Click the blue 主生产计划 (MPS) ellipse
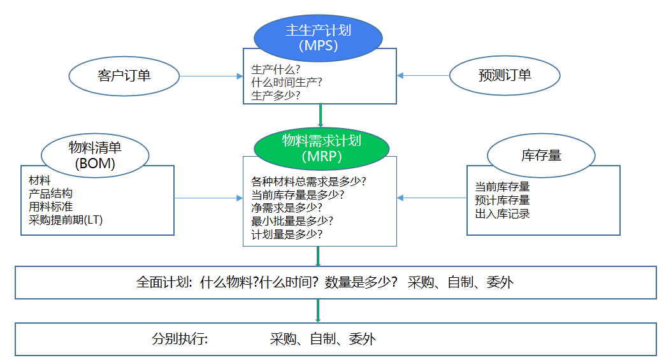pyautogui.click(x=319, y=37)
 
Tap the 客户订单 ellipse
pyautogui.click(x=124, y=76)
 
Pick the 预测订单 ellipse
pyautogui.click(x=505, y=75)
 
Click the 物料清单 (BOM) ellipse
pyautogui.click(x=95, y=155)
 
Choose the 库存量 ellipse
pyautogui.click(x=541, y=155)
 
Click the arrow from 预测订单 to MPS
pyautogui.click(x=423, y=75)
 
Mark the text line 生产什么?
pyautogui.click(x=276, y=69)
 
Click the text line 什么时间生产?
pyautogui.click(x=287, y=82)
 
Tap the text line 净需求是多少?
pyautogui.click(x=287, y=208)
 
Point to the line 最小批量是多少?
pyautogui.click(x=292, y=221)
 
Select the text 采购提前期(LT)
pyautogui.click(x=66, y=220)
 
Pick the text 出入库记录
pyautogui.click(x=502, y=213)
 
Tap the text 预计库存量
pyautogui.click(x=502, y=200)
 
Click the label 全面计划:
pyautogui.click(x=164, y=283)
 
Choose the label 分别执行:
pyautogui.click(x=180, y=339)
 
